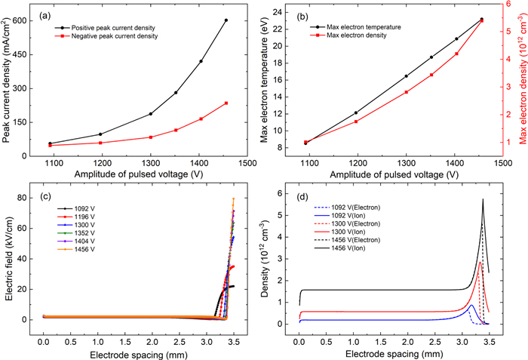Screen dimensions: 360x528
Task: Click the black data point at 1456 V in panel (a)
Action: (226, 20)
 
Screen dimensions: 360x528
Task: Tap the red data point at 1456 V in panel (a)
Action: (226, 103)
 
